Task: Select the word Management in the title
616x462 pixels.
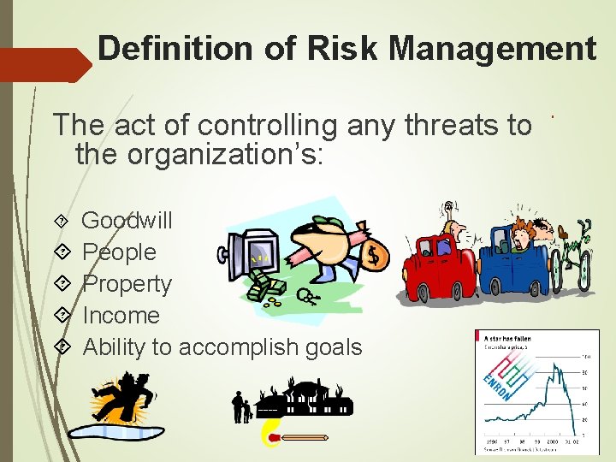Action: point(492,49)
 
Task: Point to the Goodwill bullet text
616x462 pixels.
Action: point(127,221)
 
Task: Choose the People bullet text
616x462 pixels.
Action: point(119,252)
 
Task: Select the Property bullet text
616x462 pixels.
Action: point(127,284)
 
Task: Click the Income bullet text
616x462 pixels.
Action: point(121,316)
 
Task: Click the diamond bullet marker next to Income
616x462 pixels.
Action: point(62,316)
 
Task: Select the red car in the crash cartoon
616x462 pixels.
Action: point(436,265)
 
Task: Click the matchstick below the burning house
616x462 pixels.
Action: point(295,437)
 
